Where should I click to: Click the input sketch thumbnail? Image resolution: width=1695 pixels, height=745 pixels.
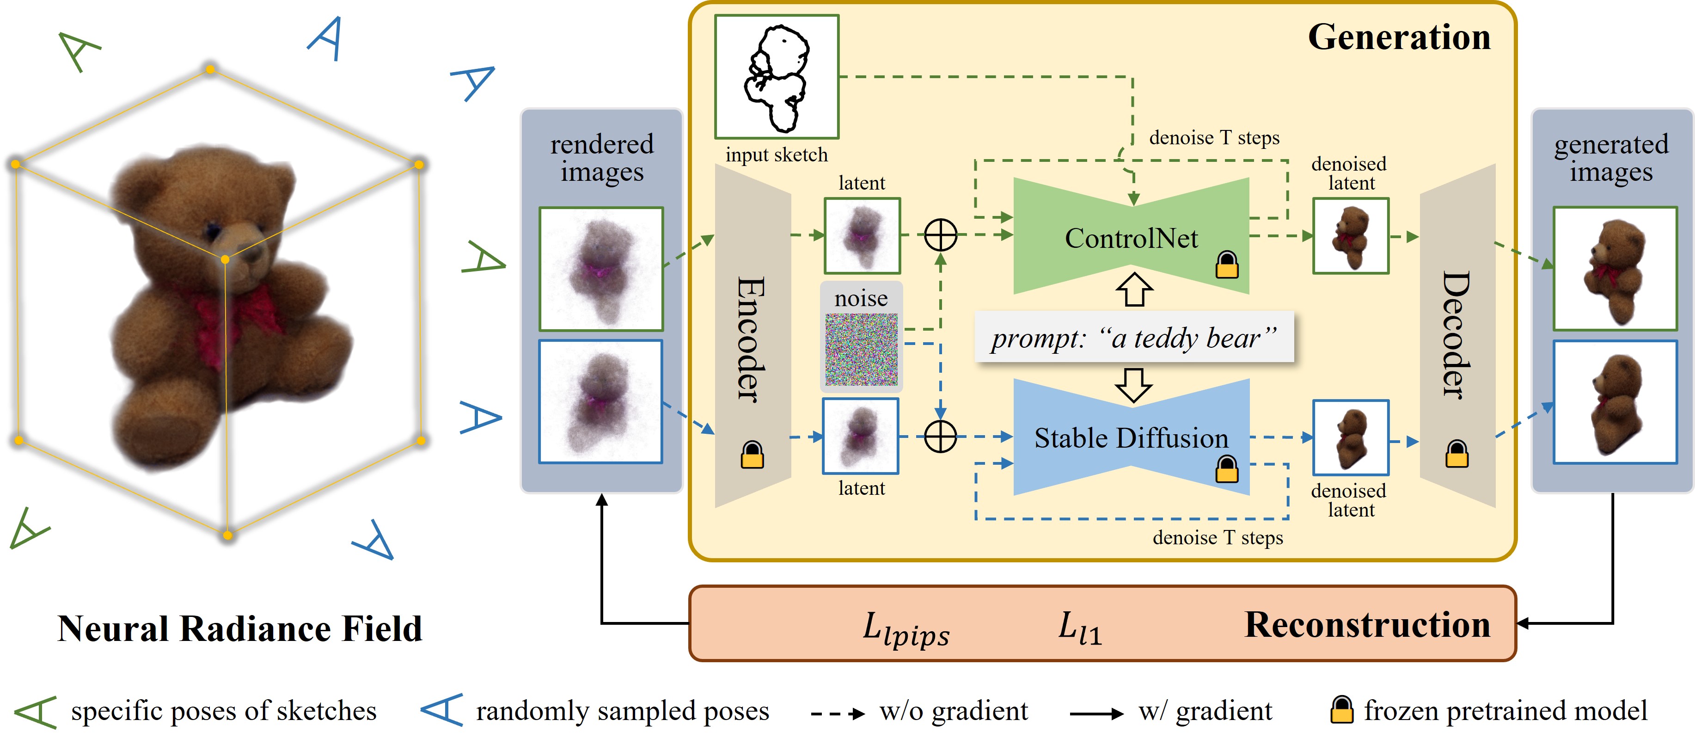pyautogui.click(x=777, y=77)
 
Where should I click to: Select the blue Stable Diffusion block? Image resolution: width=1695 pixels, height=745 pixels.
pyautogui.click(x=1131, y=437)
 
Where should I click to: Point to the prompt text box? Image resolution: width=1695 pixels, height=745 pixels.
pyautogui.click(x=1134, y=338)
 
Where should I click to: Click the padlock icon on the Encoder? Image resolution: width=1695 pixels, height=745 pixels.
pyautogui.click(x=752, y=455)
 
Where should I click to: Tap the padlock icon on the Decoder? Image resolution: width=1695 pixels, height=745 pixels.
pyautogui.click(x=1456, y=454)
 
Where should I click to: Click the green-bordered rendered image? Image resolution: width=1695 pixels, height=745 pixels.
pyautogui.click(x=601, y=269)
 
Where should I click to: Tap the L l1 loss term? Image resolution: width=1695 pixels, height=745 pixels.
pyautogui.click(x=1079, y=628)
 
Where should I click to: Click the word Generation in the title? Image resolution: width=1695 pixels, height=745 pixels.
pyautogui.click(x=1398, y=37)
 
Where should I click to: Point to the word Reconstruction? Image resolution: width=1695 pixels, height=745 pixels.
pyautogui.click(x=1367, y=625)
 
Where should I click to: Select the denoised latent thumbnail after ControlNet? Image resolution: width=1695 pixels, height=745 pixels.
pyautogui.click(x=1350, y=235)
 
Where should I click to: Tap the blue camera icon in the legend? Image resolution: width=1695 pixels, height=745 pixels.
pyautogui.click(x=442, y=710)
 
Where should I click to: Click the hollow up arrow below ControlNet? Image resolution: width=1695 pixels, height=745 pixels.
pyautogui.click(x=1134, y=289)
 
